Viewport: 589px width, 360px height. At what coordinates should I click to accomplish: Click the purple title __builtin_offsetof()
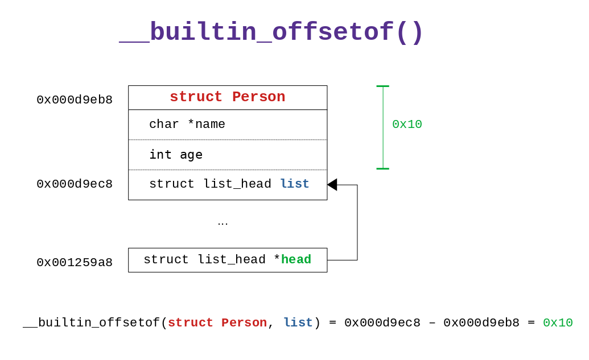(271, 32)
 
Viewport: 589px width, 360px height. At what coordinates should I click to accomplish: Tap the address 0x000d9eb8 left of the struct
(75, 100)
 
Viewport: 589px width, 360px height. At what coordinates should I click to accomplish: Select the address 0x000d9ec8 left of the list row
(75, 184)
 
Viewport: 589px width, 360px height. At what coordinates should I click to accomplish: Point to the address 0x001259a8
(75, 262)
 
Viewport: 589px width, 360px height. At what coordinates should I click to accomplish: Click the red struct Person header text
(228, 97)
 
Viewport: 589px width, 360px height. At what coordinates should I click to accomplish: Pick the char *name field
(187, 124)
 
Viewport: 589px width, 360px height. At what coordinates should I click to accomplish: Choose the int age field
(176, 155)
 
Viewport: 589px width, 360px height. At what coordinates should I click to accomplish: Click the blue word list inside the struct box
(295, 184)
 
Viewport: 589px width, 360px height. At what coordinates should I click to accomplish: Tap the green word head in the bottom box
(296, 259)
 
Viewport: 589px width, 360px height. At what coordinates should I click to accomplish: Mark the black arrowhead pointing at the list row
(332, 185)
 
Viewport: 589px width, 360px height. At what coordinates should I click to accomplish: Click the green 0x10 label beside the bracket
(407, 124)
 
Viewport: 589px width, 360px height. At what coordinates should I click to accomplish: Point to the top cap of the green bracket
(383, 86)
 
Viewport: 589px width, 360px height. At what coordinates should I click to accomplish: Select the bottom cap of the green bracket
(383, 169)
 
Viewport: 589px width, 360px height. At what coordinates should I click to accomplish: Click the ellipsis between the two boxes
(223, 224)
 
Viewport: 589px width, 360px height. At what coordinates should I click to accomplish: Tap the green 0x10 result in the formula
(558, 322)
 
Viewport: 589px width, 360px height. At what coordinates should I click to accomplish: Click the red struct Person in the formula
(217, 322)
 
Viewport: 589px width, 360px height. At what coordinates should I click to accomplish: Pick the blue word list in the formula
(298, 322)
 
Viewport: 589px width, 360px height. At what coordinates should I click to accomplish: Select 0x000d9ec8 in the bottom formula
(382, 322)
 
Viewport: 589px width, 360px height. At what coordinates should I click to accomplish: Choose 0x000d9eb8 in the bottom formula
(481, 322)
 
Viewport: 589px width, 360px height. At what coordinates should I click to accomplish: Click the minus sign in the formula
(432, 323)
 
